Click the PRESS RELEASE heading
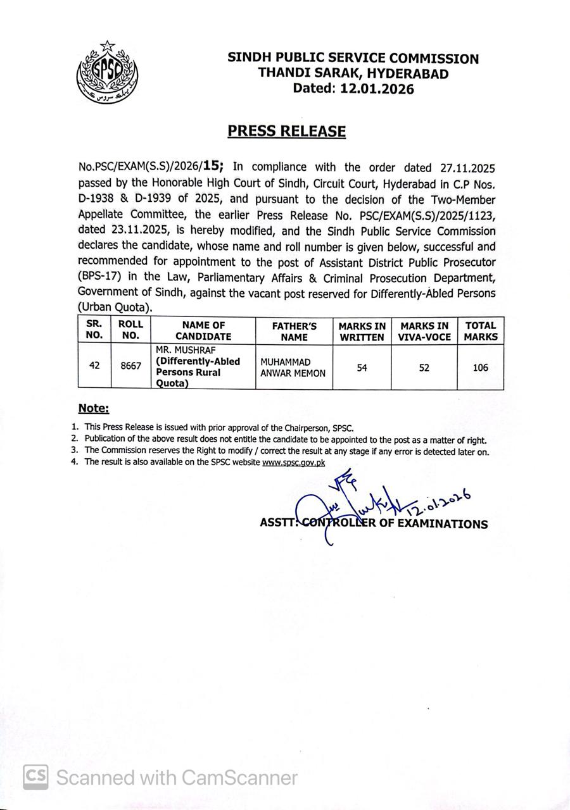pyautogui.click(x=287, y=131)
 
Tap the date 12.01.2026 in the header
pyautogui.click(x=377, y=89)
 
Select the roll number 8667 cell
pyautogui.click(x=130, y=366)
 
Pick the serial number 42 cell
pyautogui.click(x=94, y=366)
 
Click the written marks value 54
pyautogui.click(x=362, y=367)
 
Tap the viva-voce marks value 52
pyautogui.click(x=424, y=367)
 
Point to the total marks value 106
pyautogui.click(x=481, y=367)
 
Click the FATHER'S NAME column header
pyautogui.click(x=294, y=331)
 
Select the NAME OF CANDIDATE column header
pyautogui.click(x=203, y=331)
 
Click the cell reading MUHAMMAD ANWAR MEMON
pyautogui.click(x=293, y=368)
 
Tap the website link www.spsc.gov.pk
pyautogui.click(x=293, y=463)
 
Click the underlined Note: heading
pyautogui.click(x=94, y=409)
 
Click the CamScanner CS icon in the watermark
pyautogui.click(x=36, y=776)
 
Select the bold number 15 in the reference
pyautogui.click(x=213, y=166)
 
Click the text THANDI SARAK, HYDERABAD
pyautogui.click(x=353, y=73)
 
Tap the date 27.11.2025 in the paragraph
pyautogui.click(x=467, y=168)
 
